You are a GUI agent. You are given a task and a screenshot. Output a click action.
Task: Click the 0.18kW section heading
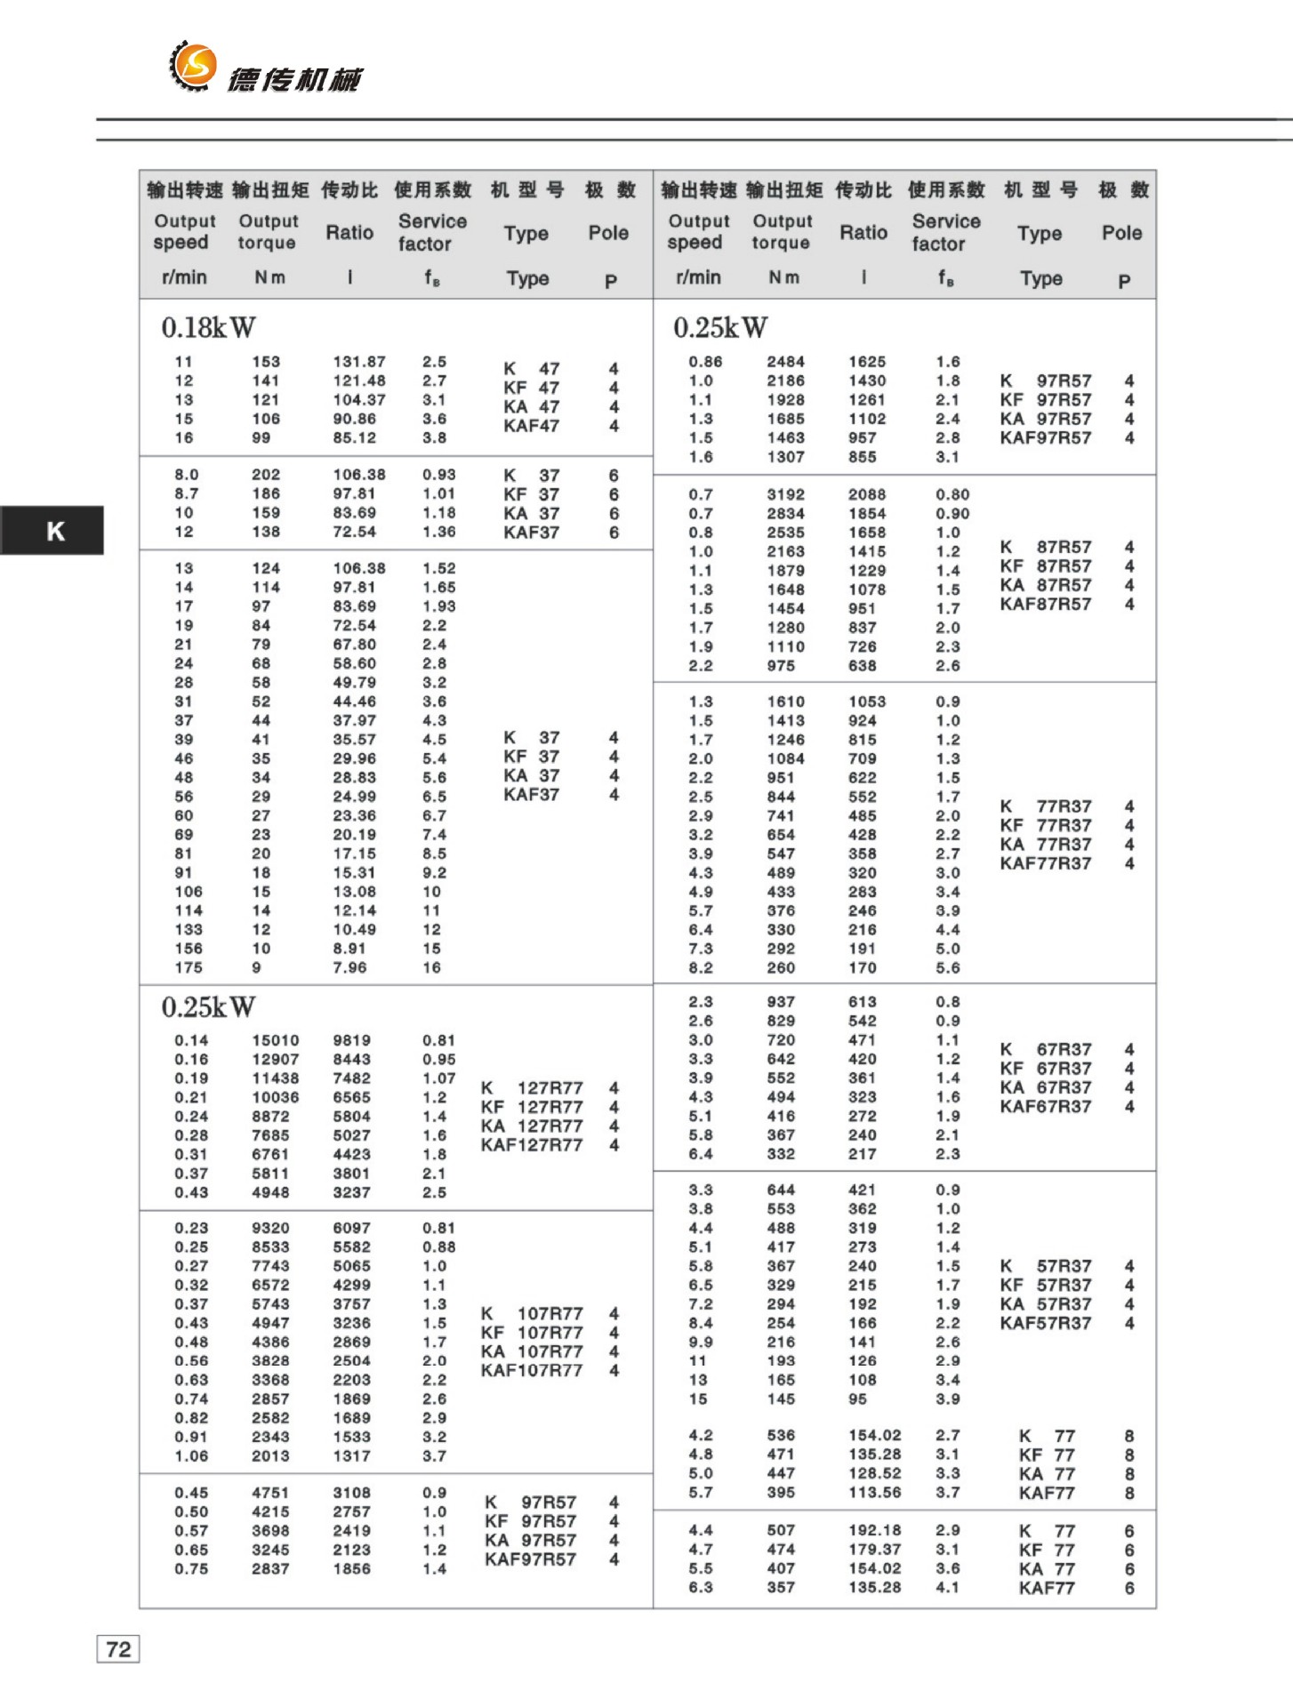(x=208, y=328)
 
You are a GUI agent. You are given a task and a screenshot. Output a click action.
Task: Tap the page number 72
(x=118, y=1649)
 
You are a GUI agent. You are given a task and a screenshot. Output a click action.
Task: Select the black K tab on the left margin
(x=54, y=531)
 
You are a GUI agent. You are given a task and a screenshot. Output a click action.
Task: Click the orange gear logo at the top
(x=193, y=65)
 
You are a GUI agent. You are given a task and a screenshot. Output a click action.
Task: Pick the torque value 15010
(x=275, y=1040)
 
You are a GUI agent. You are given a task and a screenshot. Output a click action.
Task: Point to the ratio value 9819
(x=352, y=1040)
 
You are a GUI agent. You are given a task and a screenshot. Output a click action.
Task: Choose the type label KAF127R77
(x=532, y=1145)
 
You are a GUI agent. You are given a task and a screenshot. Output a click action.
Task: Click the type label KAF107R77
(x=532, y=1371)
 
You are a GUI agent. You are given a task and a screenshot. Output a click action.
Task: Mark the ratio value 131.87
(x=359, y=362)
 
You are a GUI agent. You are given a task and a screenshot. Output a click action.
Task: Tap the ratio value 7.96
(x=349, y=967)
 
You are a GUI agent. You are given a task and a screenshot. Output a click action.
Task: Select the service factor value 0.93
(x=438, y=475)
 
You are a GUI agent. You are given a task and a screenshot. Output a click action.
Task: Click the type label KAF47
(x=531, y=426)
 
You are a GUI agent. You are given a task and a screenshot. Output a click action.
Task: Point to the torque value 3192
(x=785, y=494)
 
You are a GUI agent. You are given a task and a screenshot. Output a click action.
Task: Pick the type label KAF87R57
(x=1045, y=605)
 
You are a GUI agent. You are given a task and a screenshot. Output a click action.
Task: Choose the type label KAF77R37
(x=1045, y=863)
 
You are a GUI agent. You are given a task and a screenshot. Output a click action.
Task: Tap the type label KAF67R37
(x=1045, y=1107)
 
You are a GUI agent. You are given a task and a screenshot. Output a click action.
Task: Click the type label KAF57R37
(x=1045, y=1323)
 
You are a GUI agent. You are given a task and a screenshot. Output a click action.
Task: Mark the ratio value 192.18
(x=874, y=1530)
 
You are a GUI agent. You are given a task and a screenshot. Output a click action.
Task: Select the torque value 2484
(x=785, y=362)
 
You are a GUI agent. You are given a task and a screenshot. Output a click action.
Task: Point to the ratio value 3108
(x=352, y=1493)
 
